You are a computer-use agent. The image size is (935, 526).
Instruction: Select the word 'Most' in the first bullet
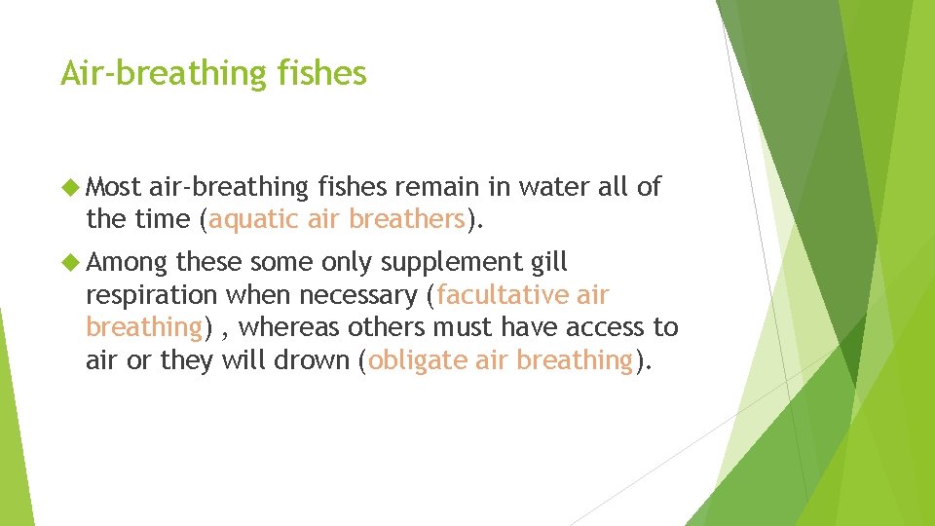pyautogui.click(x=114, y=186)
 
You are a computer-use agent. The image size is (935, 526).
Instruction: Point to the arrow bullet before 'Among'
pyautogui.click(x=70, y=262)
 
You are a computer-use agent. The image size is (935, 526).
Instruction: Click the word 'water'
pyautogui.click(x=550, y=186)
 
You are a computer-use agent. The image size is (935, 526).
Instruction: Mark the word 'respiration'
pyautogui.click(x=152, y=295)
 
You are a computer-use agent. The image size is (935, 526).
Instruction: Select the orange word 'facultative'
pyautogui.click(x=505, y=295)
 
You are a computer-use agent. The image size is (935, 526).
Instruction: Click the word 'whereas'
pyautogui.click(x=290, y=327)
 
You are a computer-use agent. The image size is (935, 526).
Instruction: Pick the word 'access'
pyautogui.click(x=598, y=327)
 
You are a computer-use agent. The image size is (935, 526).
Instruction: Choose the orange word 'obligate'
pyautogui.click(x=417, y=360)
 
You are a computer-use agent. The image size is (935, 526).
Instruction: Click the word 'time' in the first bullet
pyautogui.click(x=161, y=219)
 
